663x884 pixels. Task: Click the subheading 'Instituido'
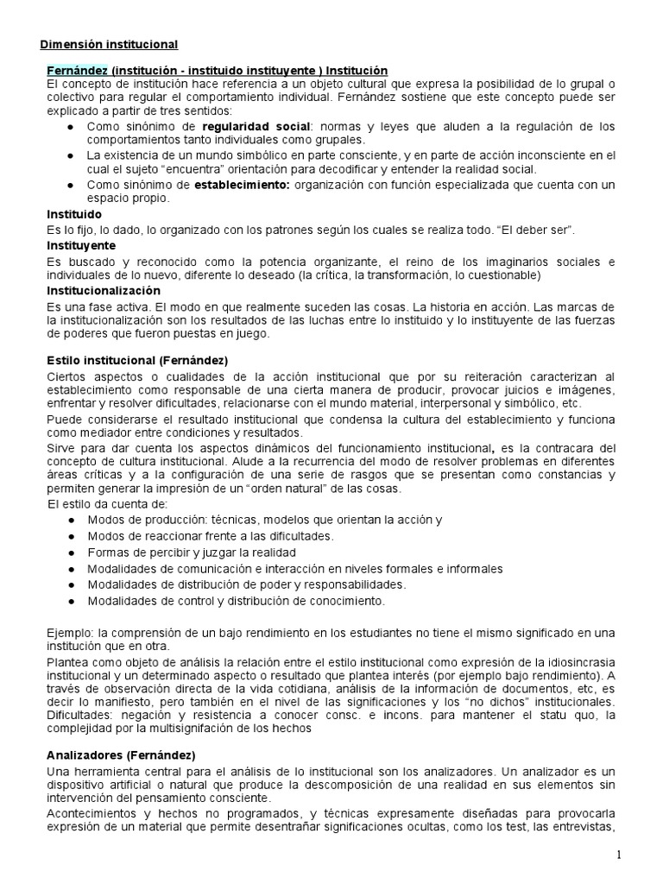point(74,213)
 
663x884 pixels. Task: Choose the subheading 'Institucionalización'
point(104,291)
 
